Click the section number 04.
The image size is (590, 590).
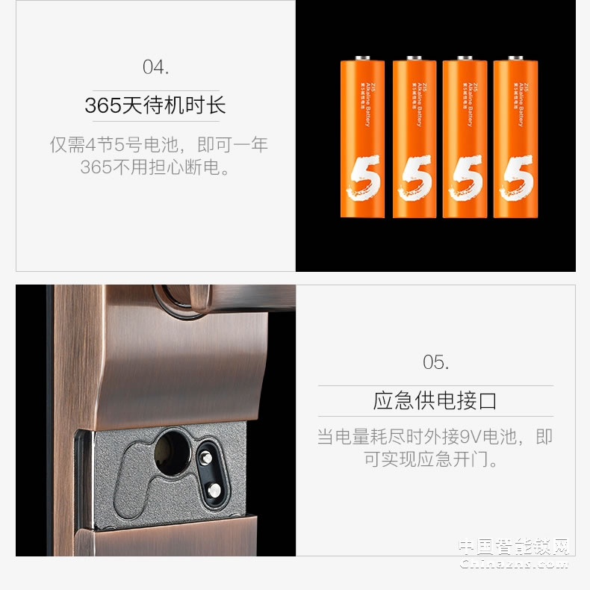tap(155, 66)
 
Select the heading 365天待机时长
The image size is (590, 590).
tap(155, 105)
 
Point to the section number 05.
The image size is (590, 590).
tap(435, 363)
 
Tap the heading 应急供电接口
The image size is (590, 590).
tap(435, 401)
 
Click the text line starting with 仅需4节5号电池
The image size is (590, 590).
tap(158, 144)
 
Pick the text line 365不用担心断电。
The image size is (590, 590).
tap(155, 167)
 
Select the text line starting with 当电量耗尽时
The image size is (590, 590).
tap(435, 436)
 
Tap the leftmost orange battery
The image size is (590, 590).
tap(362, 138)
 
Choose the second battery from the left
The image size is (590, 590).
tap(414, 138)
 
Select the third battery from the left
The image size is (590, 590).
tap(465, 138)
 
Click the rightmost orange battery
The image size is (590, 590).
tap(515, 138)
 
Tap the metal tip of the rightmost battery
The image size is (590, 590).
tap(515, 57)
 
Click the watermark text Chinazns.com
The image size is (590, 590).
tap(515, 565)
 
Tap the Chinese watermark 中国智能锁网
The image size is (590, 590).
tap(515, 547)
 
